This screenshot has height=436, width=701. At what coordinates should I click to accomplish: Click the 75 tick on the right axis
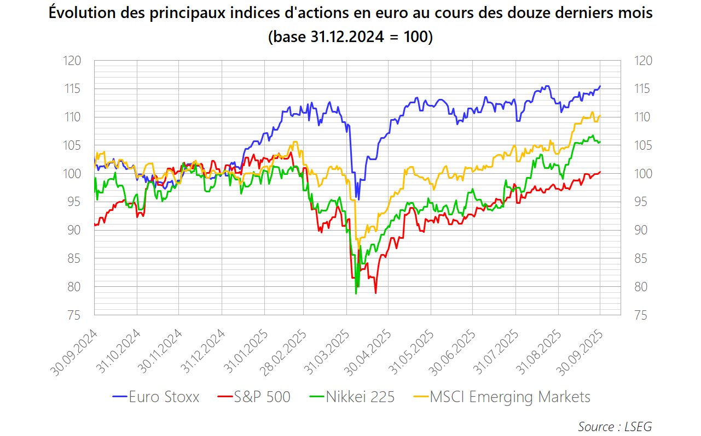643,315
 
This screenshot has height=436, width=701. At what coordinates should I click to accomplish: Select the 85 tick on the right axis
643,258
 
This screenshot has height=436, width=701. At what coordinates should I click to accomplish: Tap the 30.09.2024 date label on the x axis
75,352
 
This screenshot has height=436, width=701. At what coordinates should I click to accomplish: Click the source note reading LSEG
615,426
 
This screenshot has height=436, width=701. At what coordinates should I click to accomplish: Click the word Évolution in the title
82,13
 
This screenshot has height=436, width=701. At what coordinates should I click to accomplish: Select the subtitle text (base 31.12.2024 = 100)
350,37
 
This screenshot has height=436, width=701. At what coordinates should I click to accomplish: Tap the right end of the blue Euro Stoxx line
600,86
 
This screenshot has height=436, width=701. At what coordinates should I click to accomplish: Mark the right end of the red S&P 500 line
600,172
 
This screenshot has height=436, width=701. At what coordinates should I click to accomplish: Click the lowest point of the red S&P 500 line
375,293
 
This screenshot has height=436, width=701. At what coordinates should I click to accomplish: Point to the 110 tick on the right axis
643,117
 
